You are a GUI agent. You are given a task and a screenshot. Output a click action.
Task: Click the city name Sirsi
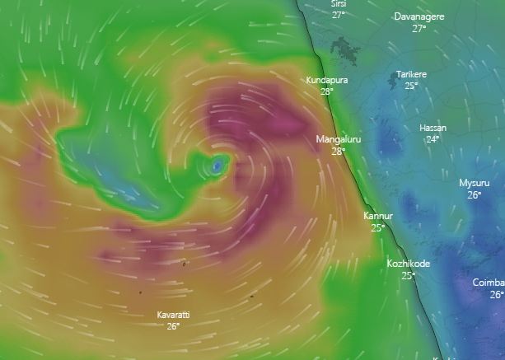(339, 4)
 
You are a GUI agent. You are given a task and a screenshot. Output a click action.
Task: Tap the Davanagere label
(420, 16)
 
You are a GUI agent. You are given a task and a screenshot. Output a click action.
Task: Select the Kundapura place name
(327, 80)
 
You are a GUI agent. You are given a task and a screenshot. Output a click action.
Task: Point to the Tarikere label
(411, 74)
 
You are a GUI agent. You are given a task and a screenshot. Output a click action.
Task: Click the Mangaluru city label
(339, 139)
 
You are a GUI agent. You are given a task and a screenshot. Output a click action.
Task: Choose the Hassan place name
(433, 128)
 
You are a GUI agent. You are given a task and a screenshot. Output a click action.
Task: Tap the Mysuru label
(475, 183)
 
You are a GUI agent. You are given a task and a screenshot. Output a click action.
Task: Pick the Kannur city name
(378, 216)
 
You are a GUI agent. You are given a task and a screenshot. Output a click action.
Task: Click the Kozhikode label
(409, 264)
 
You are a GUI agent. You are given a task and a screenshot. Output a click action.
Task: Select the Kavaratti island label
(173, 315)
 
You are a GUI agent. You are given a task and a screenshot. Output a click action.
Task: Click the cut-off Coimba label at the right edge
(489, 283)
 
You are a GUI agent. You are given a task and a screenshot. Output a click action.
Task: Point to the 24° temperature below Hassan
(433, 139)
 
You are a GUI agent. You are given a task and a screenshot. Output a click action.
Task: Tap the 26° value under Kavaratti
(173, 326)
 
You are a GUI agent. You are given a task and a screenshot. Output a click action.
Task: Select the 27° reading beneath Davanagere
(419, 29)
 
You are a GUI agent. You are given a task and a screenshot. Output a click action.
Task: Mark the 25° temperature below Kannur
(378, 228)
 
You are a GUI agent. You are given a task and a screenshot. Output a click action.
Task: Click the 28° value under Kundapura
(327, 91)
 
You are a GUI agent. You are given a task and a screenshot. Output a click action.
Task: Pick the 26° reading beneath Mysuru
(475, 195)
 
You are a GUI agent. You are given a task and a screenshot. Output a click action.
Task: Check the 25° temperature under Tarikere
(411, 86)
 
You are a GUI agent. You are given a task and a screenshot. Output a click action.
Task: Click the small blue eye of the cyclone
(217, 166)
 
